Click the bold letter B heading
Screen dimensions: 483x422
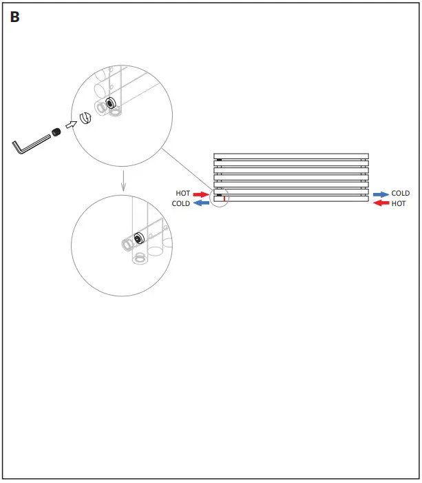click(x=15, y=18)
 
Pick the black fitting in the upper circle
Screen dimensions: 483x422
click(x=109, y=101)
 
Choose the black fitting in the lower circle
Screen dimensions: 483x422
click(x=138, y=238)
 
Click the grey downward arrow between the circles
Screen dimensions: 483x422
click(x=123, y=181)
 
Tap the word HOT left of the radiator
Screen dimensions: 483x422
click(x=183, y=194)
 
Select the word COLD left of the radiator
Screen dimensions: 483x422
click(x=181, y=204)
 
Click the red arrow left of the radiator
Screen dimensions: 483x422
click(x=200, y=194)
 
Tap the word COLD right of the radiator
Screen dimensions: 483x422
click(x=401, y=194)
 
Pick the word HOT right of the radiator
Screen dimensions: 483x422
click(x=399, y=204)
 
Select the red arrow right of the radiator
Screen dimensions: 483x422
click(x=381, y=204)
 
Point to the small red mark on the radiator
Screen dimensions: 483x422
click(x=224, y=198)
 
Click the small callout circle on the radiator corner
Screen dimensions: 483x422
click(x=220, y=199)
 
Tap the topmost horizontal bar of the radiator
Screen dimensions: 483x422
click(x=291, y=156)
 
